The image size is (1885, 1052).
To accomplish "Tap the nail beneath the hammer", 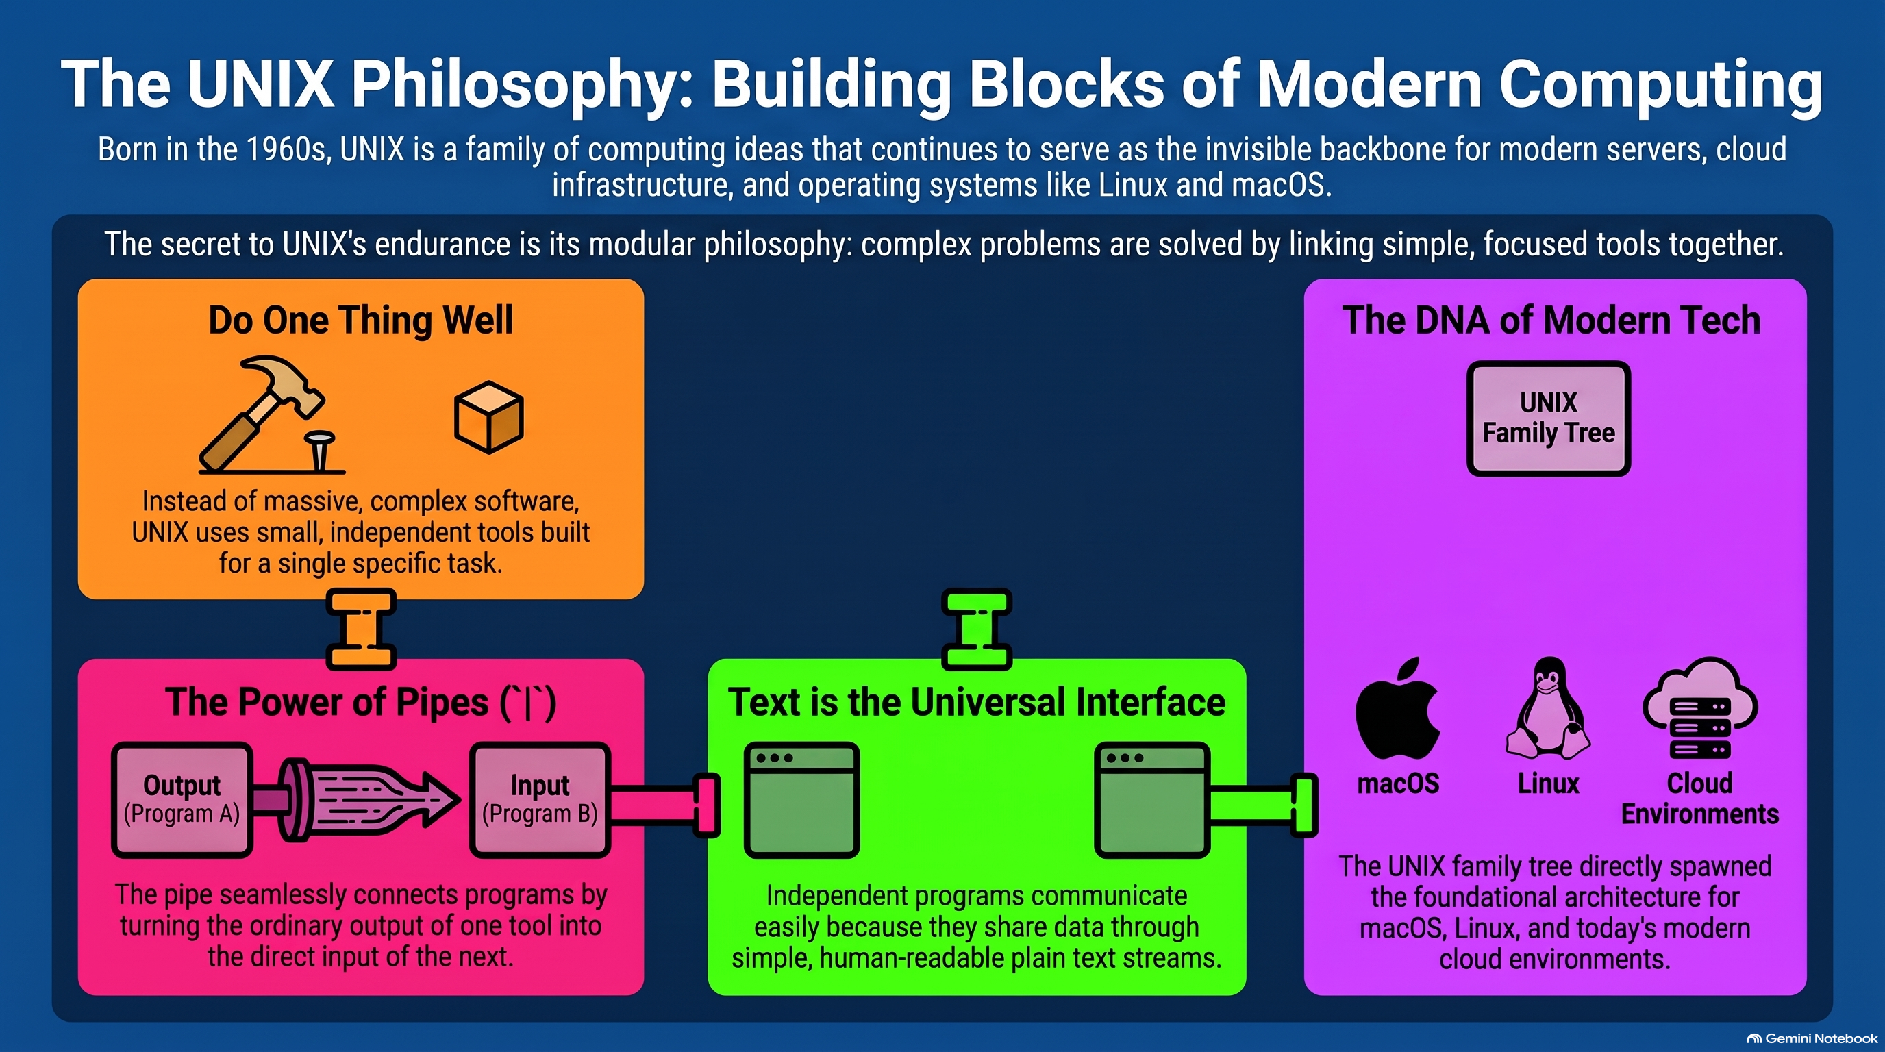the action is coord(320,451).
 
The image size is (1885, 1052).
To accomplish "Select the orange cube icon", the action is coord(489,418).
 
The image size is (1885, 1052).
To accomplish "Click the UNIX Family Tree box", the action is coord(1549,418).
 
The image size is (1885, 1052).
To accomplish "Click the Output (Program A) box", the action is coord(182,799).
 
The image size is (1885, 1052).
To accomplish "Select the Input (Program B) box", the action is coord(540,799).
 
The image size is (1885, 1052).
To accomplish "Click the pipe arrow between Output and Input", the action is coord(362,799).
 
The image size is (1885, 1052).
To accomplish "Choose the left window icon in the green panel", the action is coord(801,799).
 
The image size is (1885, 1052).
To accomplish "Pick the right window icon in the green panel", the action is coord(1152,799).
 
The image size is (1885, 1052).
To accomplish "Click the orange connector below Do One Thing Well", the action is coord(362,630).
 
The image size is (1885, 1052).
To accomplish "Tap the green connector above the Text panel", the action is coord(977,630).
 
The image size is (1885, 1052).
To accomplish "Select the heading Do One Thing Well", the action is coord(361,321).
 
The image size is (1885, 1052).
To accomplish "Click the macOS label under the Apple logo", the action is coord(1397,784).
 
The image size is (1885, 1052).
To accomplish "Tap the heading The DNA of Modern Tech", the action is coord(1551,321).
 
